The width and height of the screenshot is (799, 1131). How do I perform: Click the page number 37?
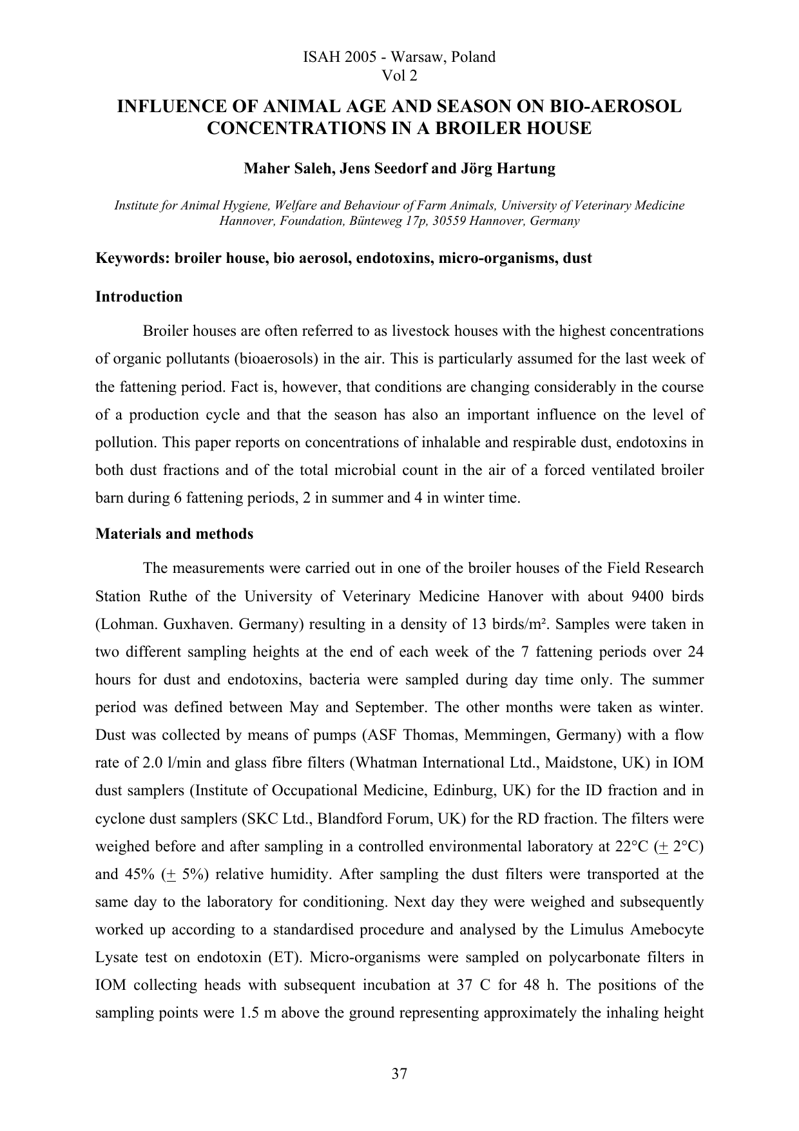click(x=400, y=1074)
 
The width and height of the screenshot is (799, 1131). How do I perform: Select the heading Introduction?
click(x=139, y=297)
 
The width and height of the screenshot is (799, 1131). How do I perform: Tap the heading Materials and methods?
click(x=174, y=534)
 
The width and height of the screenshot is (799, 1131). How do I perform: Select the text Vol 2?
click(x=400, y=76)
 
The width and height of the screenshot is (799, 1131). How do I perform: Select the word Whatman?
click(x=385, y=763)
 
